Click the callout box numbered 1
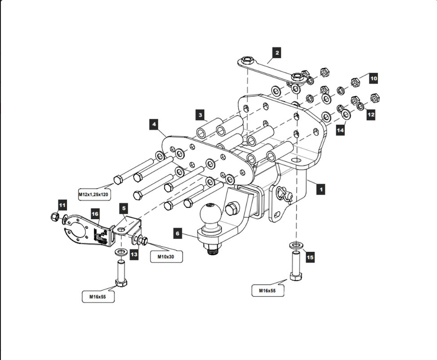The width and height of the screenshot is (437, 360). [x=320, y=189]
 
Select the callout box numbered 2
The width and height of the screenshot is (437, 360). [x=277, y=53]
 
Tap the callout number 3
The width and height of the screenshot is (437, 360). [x=201, y=115]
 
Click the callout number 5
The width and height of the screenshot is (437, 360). [x=124, y=208]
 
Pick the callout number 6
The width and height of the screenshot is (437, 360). [x=178, y=234]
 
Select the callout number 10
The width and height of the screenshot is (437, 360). [x=373, y=78]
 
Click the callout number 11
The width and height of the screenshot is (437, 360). [x=62, y=205]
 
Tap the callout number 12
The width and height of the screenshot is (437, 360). [x=371, y=114]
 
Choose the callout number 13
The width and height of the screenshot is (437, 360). [x=134, y=254]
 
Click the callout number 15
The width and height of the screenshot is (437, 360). [x=310, y=257]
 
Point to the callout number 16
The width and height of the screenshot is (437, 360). [x=95, y=214]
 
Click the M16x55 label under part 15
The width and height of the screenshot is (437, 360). [x=268, y=291]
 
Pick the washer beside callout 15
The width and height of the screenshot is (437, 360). [x=295, y=245]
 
